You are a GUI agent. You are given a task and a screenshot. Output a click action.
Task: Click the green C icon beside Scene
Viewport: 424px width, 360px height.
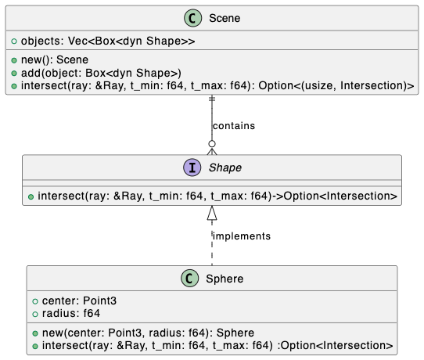(x=192, y=18)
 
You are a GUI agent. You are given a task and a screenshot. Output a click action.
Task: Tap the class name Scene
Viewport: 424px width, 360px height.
(x=225, y=19)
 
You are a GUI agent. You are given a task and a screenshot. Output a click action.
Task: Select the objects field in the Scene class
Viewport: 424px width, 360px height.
(x=108, y=41)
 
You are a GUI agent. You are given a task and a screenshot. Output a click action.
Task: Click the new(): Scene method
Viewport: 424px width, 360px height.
(x=55, y=59)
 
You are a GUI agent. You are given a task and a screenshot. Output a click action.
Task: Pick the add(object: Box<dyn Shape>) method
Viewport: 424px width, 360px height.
(x=101, y=73)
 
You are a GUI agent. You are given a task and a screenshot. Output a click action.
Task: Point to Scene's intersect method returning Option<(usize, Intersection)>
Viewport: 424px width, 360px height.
(x=217, y=86)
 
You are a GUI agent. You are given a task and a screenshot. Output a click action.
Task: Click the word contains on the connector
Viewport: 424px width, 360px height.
(x=234, y=126)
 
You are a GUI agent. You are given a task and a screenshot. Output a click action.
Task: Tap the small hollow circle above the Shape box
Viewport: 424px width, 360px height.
(x=212, y=144)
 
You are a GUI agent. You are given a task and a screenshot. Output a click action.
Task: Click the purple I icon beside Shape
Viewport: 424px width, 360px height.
(x=192, y=167)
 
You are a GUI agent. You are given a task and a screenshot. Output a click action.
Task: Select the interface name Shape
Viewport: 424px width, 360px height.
(x=225, y=167)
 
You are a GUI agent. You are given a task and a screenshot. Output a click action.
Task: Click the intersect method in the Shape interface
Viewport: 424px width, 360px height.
(x=217, y=196)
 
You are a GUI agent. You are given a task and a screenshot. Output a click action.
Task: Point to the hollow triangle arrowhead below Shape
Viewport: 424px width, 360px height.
(x=212, y=213)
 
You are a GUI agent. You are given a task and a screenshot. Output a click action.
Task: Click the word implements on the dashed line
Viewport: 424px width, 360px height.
(x=242, y=236)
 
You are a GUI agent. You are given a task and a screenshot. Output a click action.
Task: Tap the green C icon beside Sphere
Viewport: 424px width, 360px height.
(x=190, y=279)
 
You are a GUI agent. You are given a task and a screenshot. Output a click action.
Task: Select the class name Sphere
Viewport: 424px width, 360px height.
(x=225, y=279)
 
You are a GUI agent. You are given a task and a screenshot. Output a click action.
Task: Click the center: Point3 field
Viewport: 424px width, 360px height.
(x=79, y=301)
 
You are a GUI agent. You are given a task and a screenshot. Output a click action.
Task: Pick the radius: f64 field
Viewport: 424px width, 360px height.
(x=71, y=314)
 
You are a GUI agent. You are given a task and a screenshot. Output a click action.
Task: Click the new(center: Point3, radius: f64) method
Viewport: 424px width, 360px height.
(x=148, y=333)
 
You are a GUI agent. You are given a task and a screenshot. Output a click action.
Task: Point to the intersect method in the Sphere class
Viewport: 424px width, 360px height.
(x=217, y=346)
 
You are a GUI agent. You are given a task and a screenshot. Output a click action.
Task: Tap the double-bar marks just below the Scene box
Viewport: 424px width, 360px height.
(x=212, y=99)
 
